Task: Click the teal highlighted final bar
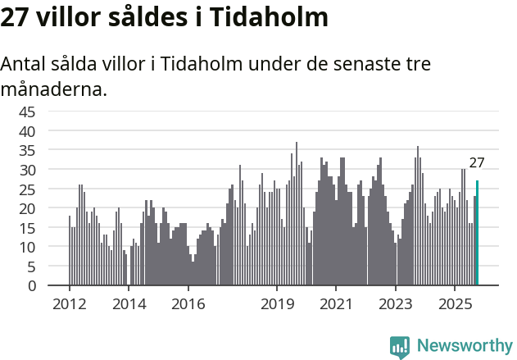click(x=477, y=233)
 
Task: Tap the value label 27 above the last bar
click(x=477, y=162)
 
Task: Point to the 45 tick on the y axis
click(x=27, y=112)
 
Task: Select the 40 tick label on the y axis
click(x=27, y=131)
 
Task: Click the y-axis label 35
click(x=27, y=150)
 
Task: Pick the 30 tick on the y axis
click(x=27, y=170)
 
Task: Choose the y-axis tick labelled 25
click(x=27, y=189)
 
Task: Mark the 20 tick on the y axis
click(x=27, y=208)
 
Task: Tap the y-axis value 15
click(x=27, y=228)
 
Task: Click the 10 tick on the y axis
click(x=27, y=247)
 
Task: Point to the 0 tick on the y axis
click(x=31, y=285)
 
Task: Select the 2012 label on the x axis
click(x=69, y=303)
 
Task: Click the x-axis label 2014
click(x=129, y=303)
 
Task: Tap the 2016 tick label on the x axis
click(x=188, y=303)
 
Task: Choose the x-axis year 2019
click(x=277, y=303)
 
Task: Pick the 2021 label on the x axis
click(x=336, y=303)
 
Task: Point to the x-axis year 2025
click(x=455, y=303)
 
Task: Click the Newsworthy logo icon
click(x=400, y=347)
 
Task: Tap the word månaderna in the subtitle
click(x=53, y=89)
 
